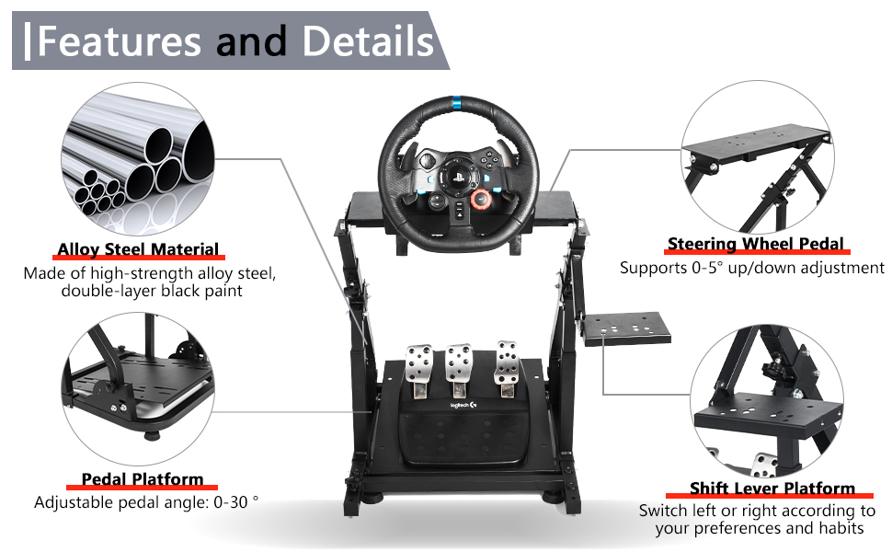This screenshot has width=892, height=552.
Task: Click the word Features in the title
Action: pos(119,41)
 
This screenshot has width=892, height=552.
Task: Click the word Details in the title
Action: pos(368,41)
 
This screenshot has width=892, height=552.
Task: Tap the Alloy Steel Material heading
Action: pos(138,249)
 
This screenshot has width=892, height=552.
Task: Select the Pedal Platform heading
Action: pos(143,479)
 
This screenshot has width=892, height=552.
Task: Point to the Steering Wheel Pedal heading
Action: pos(755,244)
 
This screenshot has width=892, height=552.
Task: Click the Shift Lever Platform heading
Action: pos(772,489)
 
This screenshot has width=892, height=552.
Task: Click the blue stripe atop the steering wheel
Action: pos(455,98)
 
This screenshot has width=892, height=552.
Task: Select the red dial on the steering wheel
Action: pos(480,198)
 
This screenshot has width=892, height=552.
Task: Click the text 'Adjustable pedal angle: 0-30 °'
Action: pos(146,503)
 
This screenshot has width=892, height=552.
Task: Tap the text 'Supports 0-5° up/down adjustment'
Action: pos(752,269)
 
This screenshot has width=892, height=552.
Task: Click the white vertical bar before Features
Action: pos(29,41)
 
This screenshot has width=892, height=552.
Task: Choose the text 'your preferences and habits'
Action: pos(760,528)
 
